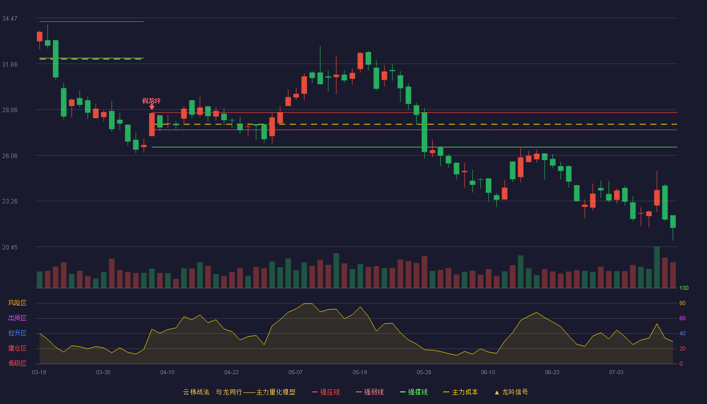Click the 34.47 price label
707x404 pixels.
pyautogui.click(x=10, y=19)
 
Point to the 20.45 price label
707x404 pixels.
pyautogui.click(x=10, y=247)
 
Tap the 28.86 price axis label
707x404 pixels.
pyautogui.click(x=10, y=110)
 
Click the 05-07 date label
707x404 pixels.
pyautogui.click(x=295, y=372)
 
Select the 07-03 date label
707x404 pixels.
pyautogui.click(x=616, y=372)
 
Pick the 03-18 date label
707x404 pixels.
pyautogui.click(x=39, y=372)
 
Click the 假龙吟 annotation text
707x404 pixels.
pyautogui.click(x=151, y=100)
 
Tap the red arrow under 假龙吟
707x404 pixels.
pyautogui.click(x=152, y=107)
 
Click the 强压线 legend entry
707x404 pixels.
pyautogui.click(x=326, y=392)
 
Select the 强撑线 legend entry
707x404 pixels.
pyautogui.click(x=414, y=392)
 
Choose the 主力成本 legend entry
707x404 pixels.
pyautogui.click(x=461, y=392)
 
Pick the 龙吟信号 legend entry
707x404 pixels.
pyautogui.click(x=511, y=392)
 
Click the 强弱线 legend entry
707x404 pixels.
pyautogui.click(x=370, y=392)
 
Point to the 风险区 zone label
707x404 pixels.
pyautogui.click(x=17, y=302)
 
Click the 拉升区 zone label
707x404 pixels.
pyautogui.click(x=17, y=333)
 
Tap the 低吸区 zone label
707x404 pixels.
pyautogui.click(x=17, y=363)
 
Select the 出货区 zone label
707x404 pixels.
pyautogui.click(x=17, y=318)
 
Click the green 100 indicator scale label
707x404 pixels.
pyautogui.click(x=684, y=288)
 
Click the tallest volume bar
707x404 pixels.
pyautogui.click(x=657, y=267)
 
